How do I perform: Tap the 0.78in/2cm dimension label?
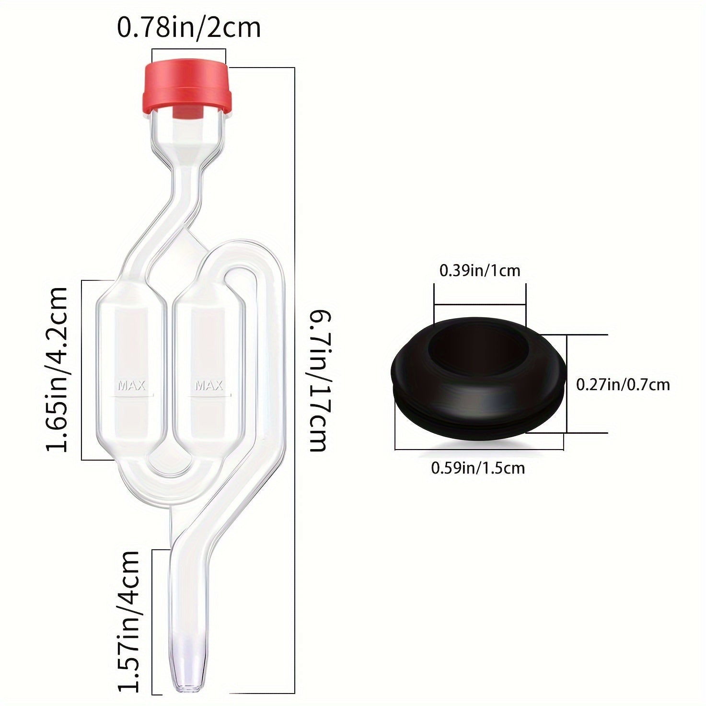(x=189, y=28)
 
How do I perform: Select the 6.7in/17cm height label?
(x=319, y=381)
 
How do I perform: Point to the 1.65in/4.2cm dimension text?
(x=57, y=369)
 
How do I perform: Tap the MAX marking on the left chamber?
(x=132, y=385)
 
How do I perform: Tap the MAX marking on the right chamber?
(x=209, y=385)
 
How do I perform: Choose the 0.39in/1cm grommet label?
(x=480, y=271)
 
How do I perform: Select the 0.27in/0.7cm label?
(x=623, y=384)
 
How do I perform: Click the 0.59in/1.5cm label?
(x=478, y=467)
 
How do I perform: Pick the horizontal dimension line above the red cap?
(x=189, y=49)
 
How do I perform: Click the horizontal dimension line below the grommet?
(x=479, y=449)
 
